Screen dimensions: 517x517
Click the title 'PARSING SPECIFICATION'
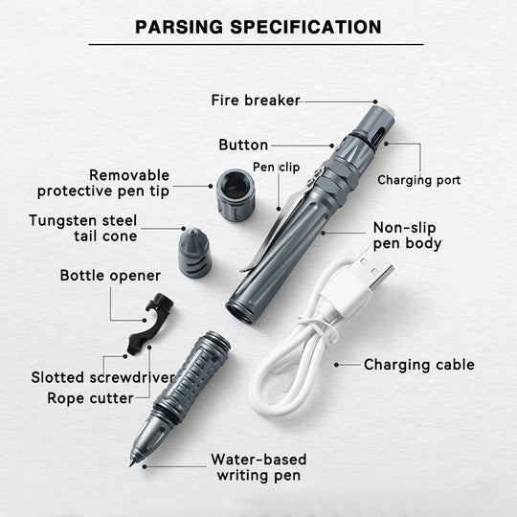click(x=258, y=26)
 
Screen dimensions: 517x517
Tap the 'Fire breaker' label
click(x=256, y=100)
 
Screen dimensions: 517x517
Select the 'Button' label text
click(x=243, y=145)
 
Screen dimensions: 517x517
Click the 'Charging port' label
click(x=418, y=180)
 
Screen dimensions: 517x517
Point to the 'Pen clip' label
click(x=276, y=168)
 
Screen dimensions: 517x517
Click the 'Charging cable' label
click(x=418, y=365)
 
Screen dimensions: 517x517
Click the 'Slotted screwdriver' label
click(x=102, y=377)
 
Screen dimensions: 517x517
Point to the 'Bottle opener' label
click(x=110, y=276)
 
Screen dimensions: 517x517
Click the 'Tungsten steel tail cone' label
click(x=82, y=228)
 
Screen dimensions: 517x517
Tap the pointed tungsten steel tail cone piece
click(x=193, y=253)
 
